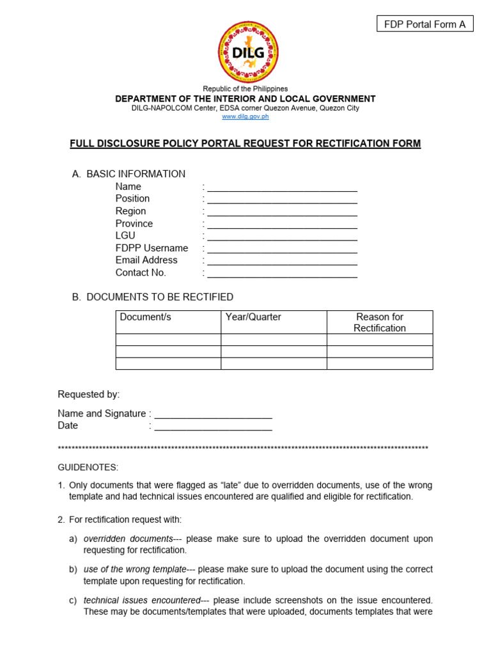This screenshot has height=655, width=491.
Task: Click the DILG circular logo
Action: [248, 52]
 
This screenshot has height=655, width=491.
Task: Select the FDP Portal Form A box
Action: [425, 24]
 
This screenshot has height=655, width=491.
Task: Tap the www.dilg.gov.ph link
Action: [245, 116]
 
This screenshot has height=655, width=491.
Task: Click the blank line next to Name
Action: [282, 188]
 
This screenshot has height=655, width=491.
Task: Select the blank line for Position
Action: [282, 200]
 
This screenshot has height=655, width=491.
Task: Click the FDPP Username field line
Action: [282, 249]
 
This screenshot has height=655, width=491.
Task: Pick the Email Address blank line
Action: [282, 262]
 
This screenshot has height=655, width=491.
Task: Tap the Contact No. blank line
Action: [282, 274]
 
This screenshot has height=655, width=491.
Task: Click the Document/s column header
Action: [146, 317]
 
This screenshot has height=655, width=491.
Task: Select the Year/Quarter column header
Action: [253, 317]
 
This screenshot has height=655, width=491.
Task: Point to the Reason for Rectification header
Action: [380, 322]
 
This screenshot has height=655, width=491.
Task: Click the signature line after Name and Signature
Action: [213, 415]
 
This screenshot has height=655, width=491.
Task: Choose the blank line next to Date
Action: [213, 427]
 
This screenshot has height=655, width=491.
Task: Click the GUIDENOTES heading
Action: [88, 468]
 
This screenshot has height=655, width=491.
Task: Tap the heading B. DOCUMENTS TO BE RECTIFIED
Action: [153, 297]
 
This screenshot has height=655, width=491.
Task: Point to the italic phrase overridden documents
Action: [128, 539]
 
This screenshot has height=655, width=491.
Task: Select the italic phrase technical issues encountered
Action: [142, 600]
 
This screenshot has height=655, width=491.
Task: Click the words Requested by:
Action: [89, 394]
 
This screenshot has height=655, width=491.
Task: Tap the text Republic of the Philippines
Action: [245, 89]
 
